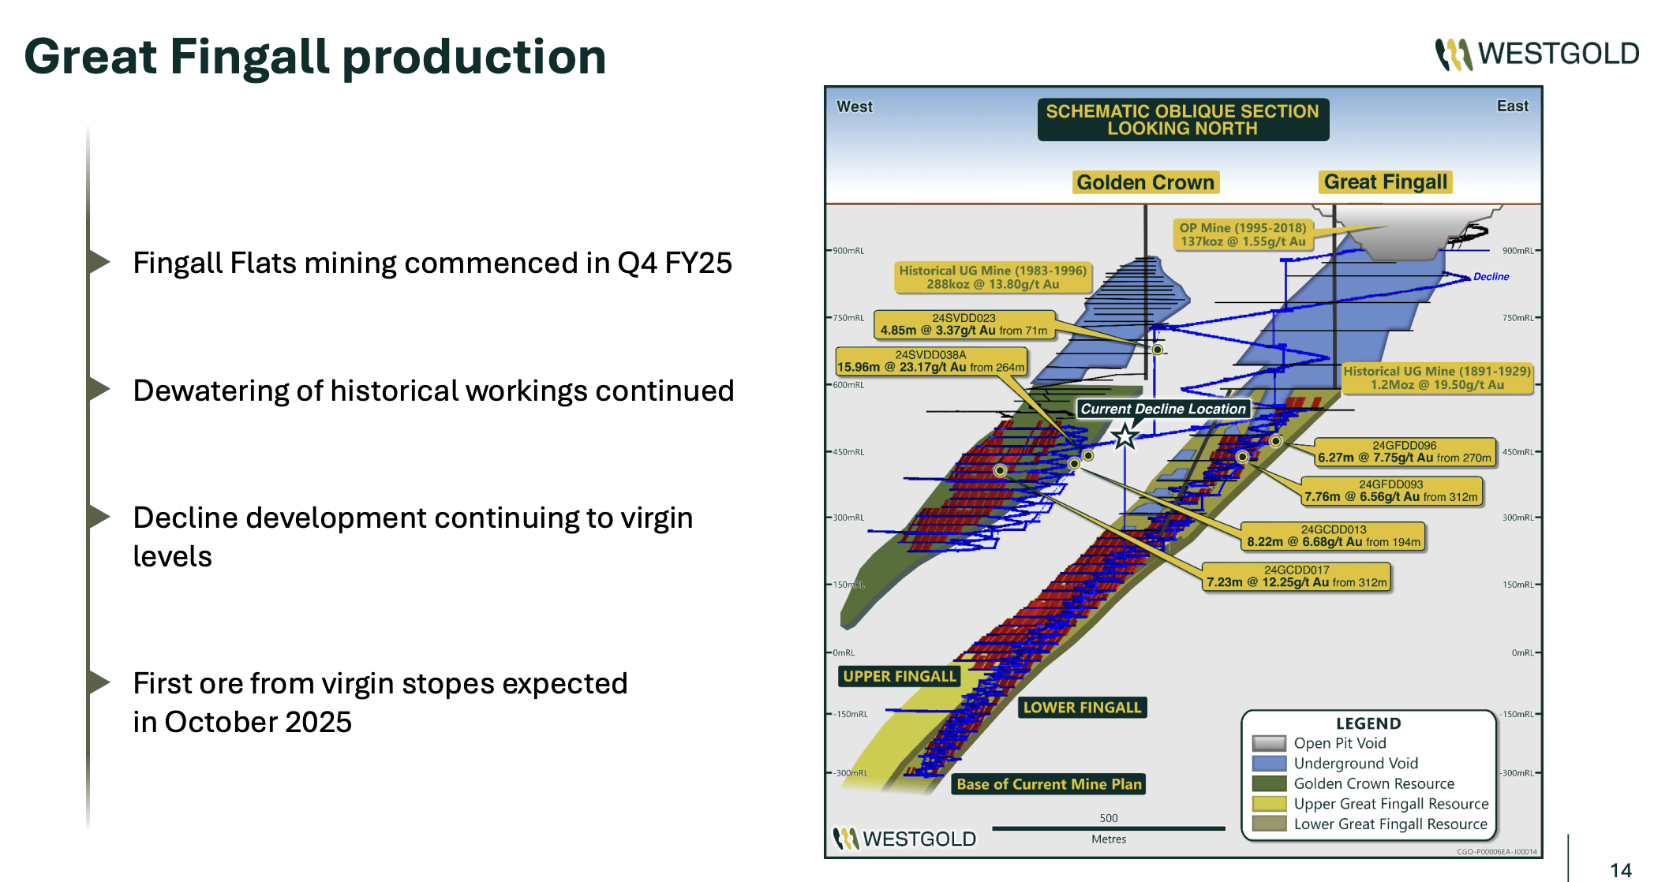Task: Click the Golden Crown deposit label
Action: [1145, 182]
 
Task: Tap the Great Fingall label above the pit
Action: [1386, 182]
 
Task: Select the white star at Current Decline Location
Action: [1124, 435]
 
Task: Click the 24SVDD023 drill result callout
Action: [964, 324]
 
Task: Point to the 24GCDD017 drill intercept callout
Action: [1296, 576]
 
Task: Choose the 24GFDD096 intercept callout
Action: [1404, 451]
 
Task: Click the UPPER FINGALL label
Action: [900, 676]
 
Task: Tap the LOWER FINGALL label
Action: [1082, 708]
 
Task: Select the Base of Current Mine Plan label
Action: [1049, 784]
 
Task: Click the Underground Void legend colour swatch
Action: [1269, 763]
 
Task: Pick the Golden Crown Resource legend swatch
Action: [1269, 783]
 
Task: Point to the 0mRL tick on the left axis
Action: [844, 652]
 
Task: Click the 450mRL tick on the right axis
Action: [1517, 452]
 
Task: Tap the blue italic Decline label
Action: [1491, 277]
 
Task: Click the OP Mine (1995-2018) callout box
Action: [1242, 234]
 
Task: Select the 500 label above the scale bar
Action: [1108, 818]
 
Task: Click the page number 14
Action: [1620, 869]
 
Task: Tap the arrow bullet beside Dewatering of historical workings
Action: [99, 389]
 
